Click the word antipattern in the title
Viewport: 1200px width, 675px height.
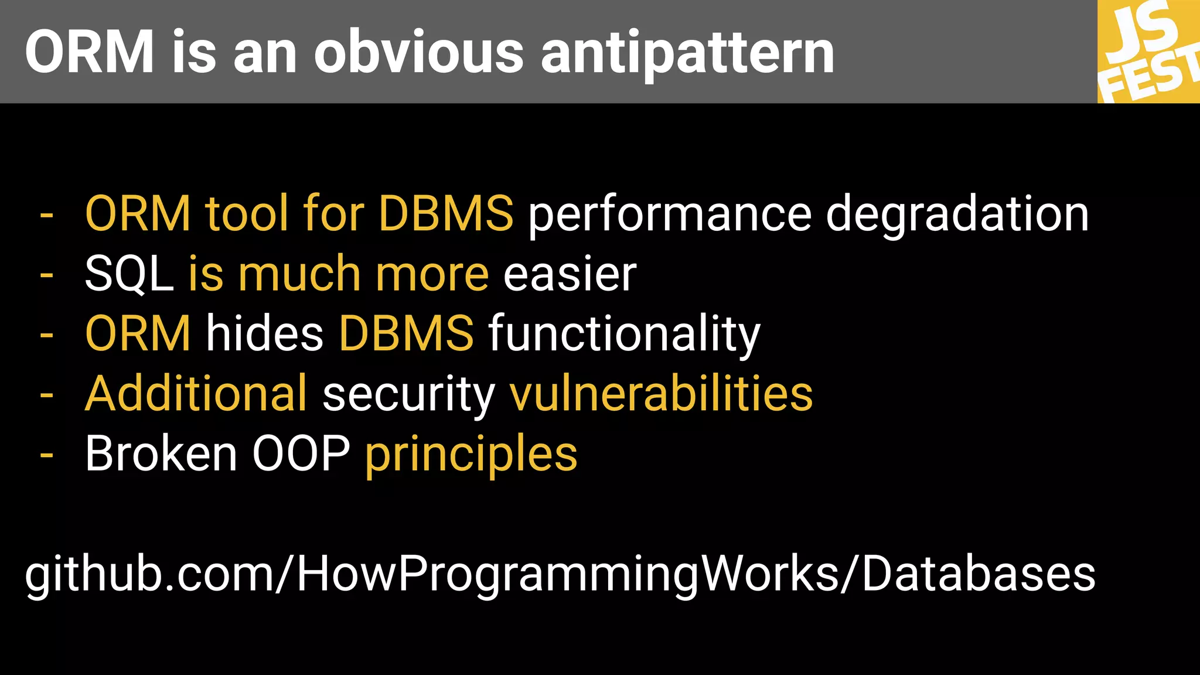coord(687,53)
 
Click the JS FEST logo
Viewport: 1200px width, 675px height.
coord(1149,52)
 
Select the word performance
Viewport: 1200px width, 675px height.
coord(670,214)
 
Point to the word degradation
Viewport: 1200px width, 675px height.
coord(957,214)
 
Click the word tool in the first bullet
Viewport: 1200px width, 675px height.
coord(246,213)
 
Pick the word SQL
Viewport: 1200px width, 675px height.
coord(129,274)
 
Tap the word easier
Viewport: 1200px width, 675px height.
coord(570,274)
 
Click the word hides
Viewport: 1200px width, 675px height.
coord(265,334)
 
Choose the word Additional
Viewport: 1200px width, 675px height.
coord(196,394)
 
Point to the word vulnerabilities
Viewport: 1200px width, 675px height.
coord(661,394)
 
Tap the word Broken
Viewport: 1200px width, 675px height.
coord(161,454)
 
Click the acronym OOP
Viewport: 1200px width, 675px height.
coord(301,454)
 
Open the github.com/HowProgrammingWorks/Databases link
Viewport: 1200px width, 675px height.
coord(560,575)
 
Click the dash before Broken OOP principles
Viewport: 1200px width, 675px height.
coord(47,455)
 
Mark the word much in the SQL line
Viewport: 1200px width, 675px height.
coord(299,274)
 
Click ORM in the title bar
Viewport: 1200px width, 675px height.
coord(89,53)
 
